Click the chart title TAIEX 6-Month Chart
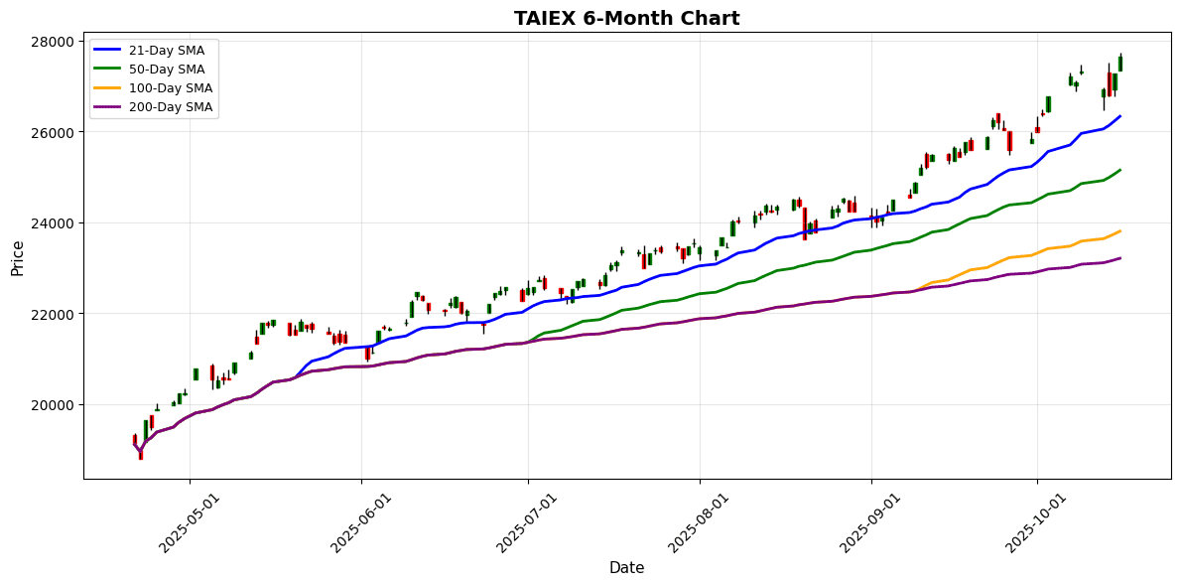click(626, 18)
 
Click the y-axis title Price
click(17, 257)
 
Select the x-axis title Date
click(626, 568)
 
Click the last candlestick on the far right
click(1120, 64)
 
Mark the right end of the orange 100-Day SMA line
click(1120, 230)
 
